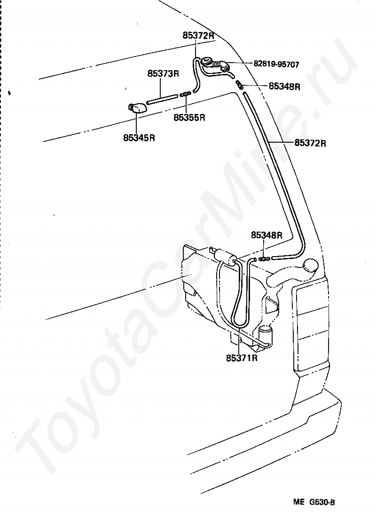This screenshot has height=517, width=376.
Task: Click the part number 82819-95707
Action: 276,64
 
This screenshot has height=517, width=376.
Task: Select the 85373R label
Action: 163,73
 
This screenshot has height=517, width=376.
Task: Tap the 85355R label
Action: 189,117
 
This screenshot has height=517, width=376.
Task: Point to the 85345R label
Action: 139,137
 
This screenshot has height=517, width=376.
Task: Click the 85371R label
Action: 242,357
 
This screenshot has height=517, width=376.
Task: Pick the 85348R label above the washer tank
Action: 266,235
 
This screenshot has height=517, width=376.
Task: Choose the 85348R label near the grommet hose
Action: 284,86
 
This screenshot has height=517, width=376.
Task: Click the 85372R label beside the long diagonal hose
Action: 310,143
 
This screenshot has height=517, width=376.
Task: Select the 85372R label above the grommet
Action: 198,36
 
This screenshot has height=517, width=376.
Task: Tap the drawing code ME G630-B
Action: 314,502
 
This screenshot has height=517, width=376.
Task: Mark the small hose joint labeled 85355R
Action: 185,94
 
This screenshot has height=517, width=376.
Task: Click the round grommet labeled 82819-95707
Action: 207,62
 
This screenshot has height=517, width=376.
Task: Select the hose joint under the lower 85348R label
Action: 264,258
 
